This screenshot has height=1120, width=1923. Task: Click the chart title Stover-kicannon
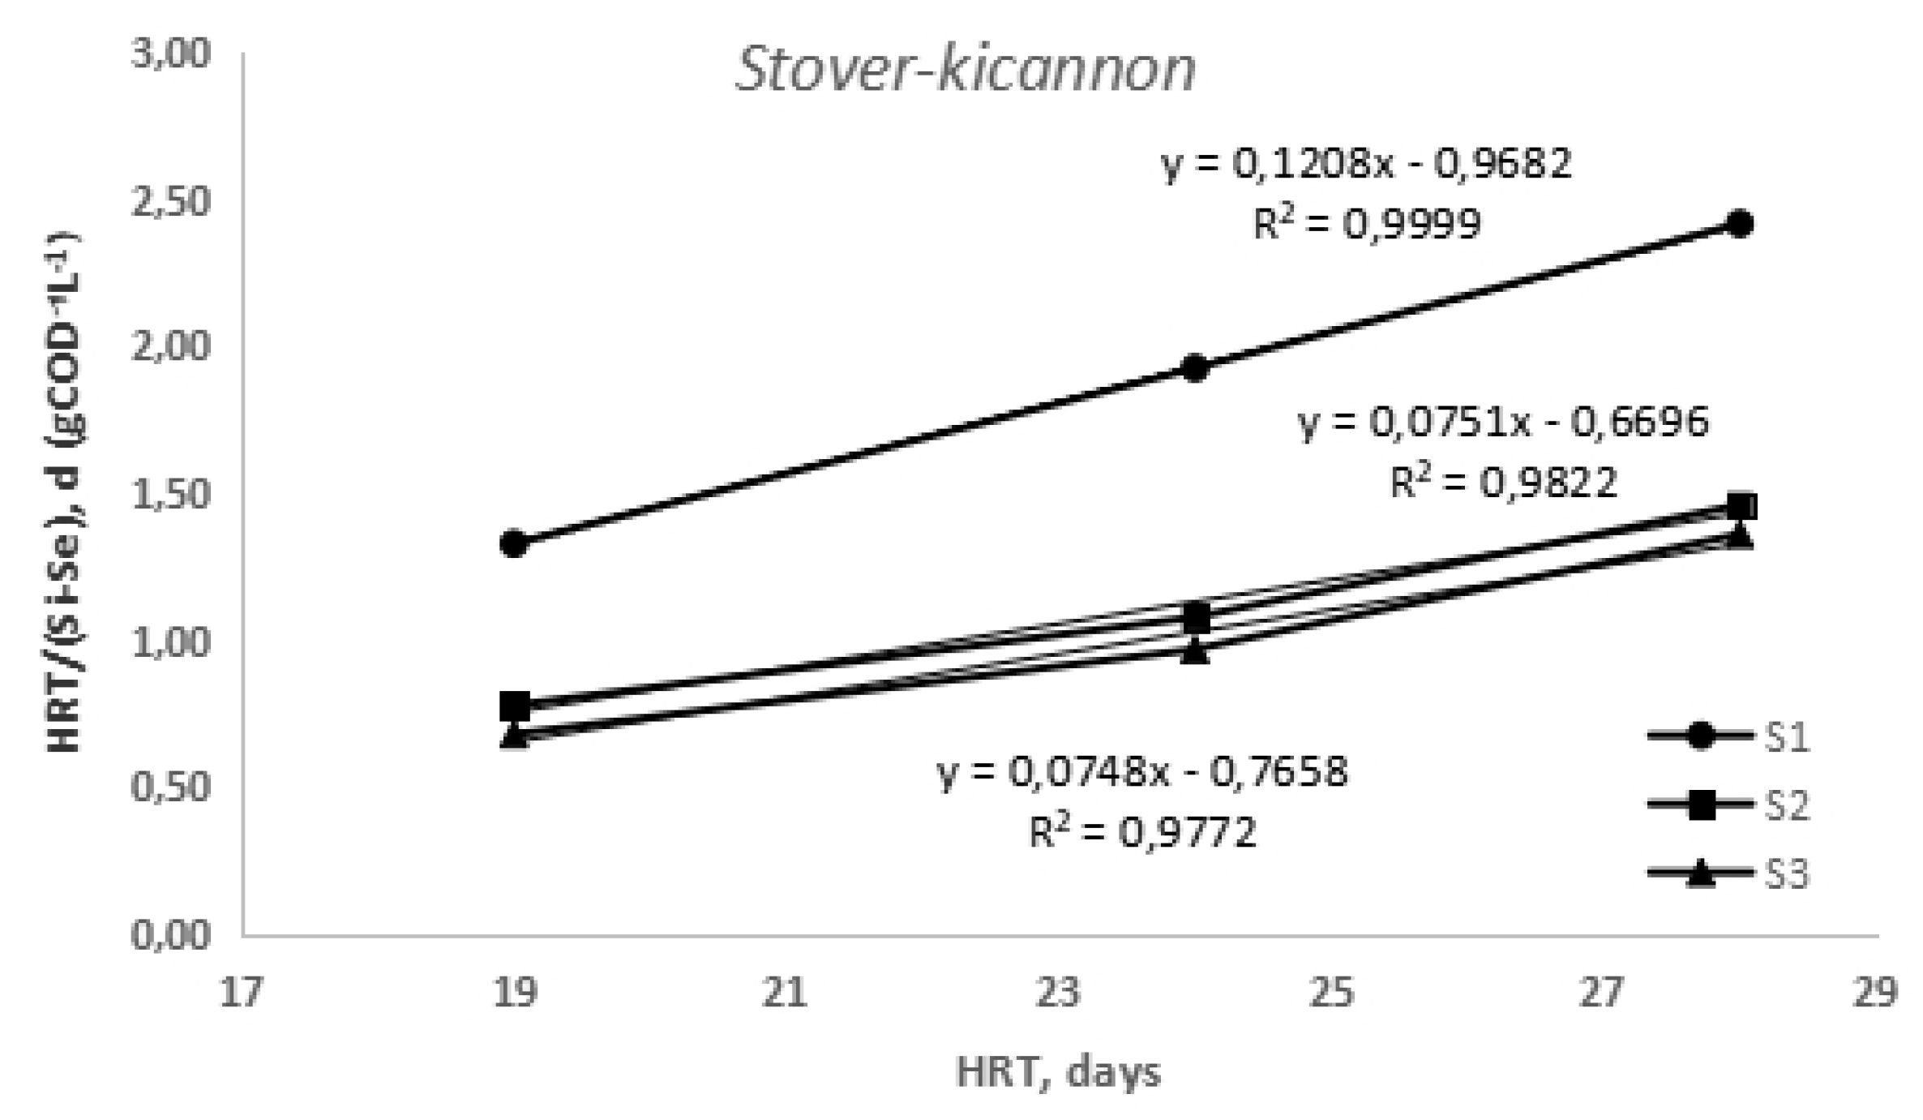(965, 71)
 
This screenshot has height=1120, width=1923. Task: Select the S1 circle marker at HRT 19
(514, 543)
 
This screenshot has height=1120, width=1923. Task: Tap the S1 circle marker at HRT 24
(1195, 367)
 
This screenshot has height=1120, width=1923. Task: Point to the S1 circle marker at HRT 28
(1739, 224)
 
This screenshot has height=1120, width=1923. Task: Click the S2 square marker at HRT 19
(514, 706)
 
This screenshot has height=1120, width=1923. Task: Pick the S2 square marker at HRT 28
(1739, 506)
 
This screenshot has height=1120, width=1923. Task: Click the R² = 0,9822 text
(1504, 483)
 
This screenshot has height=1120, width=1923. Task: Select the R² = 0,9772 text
(1143, 831)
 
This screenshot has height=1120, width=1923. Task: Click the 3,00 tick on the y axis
(170, 55)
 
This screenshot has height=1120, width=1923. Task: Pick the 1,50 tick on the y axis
(170, 496)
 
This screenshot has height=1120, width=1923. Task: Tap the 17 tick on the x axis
(242, 993)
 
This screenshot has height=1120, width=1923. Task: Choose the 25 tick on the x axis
(1331, 993)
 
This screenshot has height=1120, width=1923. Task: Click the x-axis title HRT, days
(1059, 1073)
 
